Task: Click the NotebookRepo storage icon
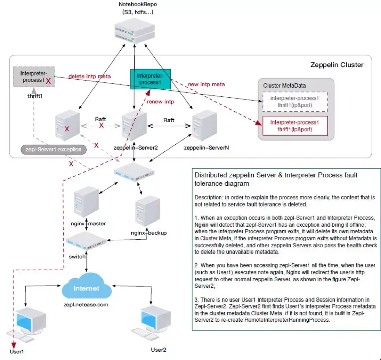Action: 134,32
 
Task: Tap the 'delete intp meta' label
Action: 89,76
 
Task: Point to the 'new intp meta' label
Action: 206,84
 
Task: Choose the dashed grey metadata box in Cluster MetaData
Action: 295,102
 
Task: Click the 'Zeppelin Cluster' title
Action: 337,65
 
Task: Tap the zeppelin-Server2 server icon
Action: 134,124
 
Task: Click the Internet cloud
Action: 87,289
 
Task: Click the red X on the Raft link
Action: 102,125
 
